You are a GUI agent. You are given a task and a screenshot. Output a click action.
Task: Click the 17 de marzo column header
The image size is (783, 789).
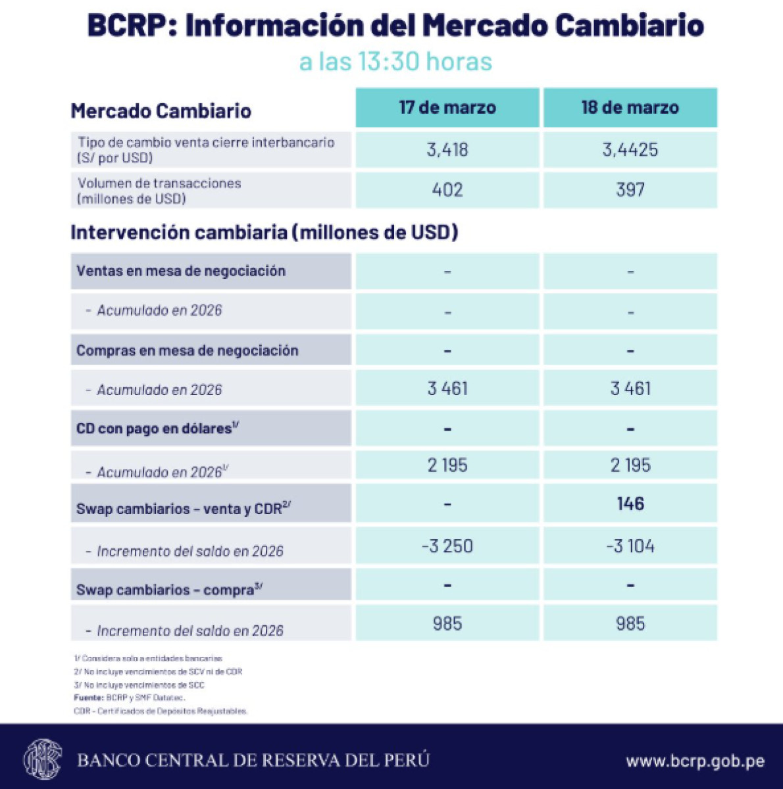coord(447,107)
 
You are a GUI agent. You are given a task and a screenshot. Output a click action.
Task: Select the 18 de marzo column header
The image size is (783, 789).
coord(630,107)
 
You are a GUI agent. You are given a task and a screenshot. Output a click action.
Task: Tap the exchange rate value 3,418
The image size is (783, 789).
coord(447,150)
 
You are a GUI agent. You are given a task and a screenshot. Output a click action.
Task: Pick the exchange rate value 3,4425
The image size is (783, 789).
coord(630,150)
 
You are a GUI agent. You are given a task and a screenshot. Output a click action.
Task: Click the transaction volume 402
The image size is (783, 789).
coord(447,190)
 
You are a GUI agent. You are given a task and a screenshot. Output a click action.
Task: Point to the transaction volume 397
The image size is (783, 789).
coord(630,190)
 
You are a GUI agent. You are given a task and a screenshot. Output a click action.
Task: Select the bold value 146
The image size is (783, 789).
coord(630,504)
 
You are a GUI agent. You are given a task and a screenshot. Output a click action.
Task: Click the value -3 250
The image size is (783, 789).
coord(447,546)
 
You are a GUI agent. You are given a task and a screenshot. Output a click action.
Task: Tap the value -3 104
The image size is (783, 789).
coord(630,546)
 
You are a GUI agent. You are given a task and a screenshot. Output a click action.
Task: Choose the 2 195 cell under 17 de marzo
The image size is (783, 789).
coord(447,466)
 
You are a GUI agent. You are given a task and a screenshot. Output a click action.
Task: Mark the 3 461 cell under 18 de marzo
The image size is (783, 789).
coord(630,389)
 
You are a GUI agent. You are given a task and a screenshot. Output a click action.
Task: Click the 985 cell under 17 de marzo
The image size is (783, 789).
coord(447,623)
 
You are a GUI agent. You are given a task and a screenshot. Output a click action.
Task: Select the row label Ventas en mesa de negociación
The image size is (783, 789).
coord(181,271)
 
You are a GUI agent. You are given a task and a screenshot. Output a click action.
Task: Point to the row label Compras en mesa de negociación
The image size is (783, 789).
coord(188,350)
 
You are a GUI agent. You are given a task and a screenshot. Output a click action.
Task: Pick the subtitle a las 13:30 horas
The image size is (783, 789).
coord(395,62)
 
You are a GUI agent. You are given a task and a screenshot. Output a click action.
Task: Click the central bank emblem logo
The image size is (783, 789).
coord(42,759)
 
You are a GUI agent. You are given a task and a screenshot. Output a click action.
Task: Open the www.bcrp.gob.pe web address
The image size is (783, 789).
coord(695,761)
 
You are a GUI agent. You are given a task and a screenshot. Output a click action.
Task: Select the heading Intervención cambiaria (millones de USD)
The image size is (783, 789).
coord(265,232)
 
